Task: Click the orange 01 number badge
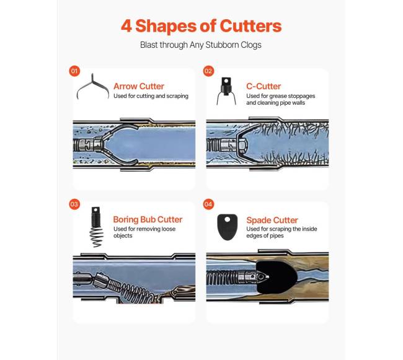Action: [x=74, y=71]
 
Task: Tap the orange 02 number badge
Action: [x=208, y=71]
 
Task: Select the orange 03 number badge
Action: [x=74, y=204]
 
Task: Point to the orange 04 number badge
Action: [x=208, y=204]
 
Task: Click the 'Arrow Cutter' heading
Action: [x=139, y=86]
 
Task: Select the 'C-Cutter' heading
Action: [x=263, y=86]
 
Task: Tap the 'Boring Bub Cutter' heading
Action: [x=148, y=219]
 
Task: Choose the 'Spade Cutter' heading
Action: [x=272, y=220]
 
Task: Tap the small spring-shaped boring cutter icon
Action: [x=96, y=227]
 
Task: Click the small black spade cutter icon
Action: [x=227, y=227]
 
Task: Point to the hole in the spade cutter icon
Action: [x=228, y=219]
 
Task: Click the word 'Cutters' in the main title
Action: [x=251, y=26]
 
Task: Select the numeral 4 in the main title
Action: [x=126, y=26]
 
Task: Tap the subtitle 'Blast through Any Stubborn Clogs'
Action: [x=201, y=45]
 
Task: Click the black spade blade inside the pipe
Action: [x=277, y=277]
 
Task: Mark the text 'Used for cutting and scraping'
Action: [x=151, y=96]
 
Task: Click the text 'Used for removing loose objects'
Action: [x=144, y=232]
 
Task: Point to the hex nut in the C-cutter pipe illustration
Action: [x=242, y=146]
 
